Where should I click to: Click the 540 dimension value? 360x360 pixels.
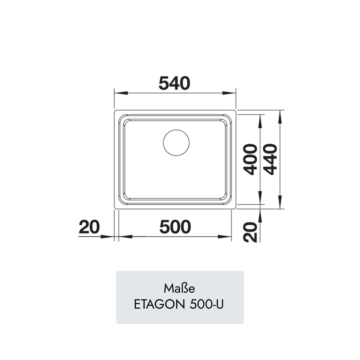(174, 83)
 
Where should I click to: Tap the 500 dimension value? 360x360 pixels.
(175, 227)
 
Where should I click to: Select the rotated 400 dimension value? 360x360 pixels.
(250, 159)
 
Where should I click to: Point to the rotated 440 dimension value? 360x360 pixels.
(270, 159)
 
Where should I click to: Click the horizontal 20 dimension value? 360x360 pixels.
(89, 227)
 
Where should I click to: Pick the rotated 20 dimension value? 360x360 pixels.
(250, 232)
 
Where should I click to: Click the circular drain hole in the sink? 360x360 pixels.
(176, 143)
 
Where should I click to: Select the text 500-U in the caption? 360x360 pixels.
(206, 305)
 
